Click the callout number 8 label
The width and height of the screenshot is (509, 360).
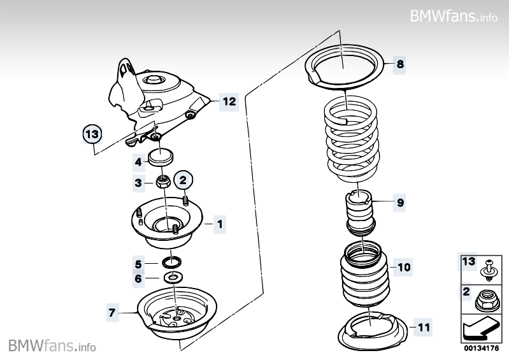(399, 64)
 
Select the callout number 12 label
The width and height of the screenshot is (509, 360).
(229, 101)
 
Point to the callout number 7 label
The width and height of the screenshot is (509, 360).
(112, 312)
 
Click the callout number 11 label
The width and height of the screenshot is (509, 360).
(424, 328)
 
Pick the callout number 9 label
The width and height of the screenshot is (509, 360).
(400, 203)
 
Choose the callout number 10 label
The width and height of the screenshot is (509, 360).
(405, 267)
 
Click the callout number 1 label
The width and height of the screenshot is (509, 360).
(219, 224)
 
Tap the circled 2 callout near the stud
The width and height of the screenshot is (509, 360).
(182, 180)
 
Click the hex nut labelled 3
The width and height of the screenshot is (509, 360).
(163, 183)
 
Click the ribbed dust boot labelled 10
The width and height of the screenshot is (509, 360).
(361, 274)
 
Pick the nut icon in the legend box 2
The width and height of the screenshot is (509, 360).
(487, 298)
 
